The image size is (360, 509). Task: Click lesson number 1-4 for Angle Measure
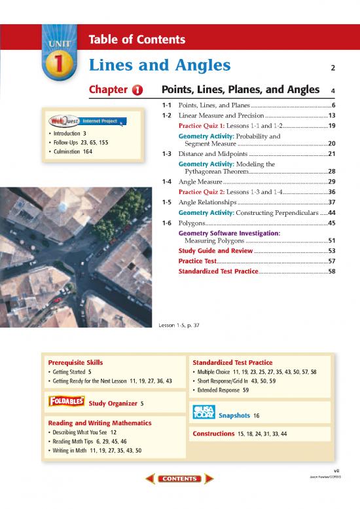(167, 181)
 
